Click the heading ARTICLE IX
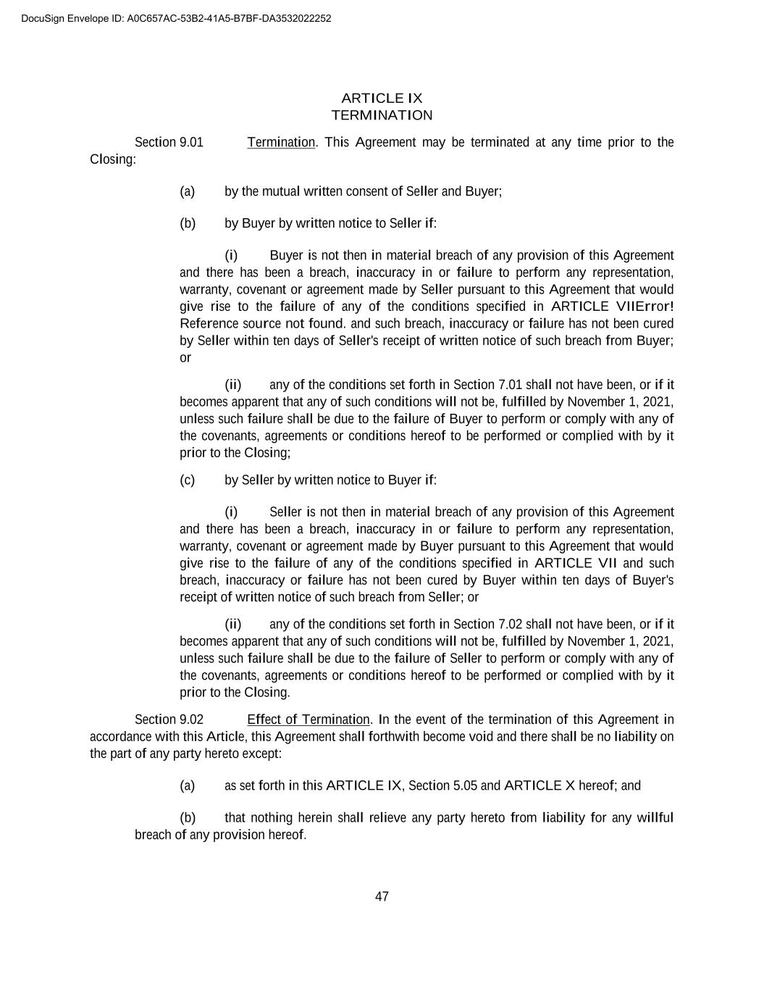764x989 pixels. pyautogui.click(x=382, y=98)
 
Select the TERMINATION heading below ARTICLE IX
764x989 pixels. pyautogui.click(x=382, y=115)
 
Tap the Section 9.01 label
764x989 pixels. pyautogui.click(x=169, y=142)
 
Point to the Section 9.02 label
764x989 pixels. pyautogui.click(x=169, y=719)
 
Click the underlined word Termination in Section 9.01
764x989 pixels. pyautogui.click(x=281, y=142)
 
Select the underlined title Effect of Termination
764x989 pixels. pyautogui.click(x=308, y=719)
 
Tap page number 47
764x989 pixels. pyautogui.click(x=382, y=896)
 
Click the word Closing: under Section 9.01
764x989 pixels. pyautogui.click(x=113, y=159)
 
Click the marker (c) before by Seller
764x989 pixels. pyautogui.click(x=188, y=480)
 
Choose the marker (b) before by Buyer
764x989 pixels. pyautogui.click(x=188, y=223)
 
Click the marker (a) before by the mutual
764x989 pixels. pyautogui.click(x=188, y=191)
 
